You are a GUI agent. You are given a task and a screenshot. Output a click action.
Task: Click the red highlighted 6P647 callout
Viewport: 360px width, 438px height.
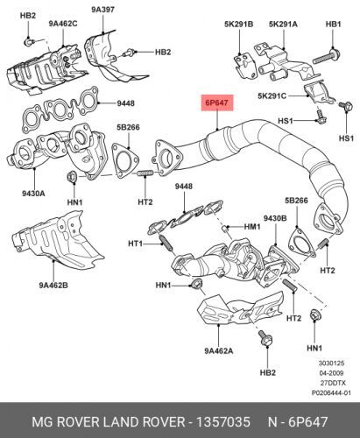pos(217,102)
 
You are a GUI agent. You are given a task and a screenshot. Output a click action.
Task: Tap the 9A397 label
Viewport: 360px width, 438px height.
pos(102,10)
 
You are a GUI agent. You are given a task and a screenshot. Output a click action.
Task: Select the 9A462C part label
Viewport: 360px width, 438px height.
pos(63,24)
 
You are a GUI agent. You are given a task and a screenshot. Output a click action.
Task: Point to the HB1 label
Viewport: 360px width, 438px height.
pos(333,24)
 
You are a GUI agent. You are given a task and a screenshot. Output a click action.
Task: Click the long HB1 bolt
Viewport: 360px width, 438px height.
pos(327,57)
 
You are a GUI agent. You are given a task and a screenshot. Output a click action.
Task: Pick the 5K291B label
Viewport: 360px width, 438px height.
pos(239,24)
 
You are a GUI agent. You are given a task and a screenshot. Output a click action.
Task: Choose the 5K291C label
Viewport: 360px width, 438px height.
pos(272,95)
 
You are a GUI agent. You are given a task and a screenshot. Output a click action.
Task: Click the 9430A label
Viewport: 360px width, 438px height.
pos(33,193)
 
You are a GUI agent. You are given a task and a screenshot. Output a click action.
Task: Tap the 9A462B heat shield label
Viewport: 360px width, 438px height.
pos(53,285)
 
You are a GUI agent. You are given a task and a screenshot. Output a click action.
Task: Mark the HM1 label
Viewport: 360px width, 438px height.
pos(252,226)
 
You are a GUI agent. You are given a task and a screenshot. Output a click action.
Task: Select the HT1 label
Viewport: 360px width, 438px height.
pos(136,243)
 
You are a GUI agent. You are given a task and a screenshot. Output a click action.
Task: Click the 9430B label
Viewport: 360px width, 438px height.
pos(275,218)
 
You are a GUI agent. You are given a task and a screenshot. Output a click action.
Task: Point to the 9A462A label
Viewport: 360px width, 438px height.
pos(219,350)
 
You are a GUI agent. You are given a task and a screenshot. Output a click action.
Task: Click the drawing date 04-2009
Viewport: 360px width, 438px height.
pos(331,373)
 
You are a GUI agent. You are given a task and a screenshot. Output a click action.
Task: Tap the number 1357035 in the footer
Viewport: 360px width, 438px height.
pos(223,422)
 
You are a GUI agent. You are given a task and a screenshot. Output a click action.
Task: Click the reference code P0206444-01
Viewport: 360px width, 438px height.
pos(331,392)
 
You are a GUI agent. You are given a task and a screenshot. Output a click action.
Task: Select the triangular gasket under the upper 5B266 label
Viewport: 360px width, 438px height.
pos(125,160)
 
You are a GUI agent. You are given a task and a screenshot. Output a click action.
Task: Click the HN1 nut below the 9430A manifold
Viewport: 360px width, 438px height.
pos(72,177)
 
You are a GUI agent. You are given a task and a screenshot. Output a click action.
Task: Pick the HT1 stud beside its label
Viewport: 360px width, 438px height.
pos(166,243)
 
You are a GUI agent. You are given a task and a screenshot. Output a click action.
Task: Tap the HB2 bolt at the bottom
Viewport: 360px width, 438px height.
pos(265,338)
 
